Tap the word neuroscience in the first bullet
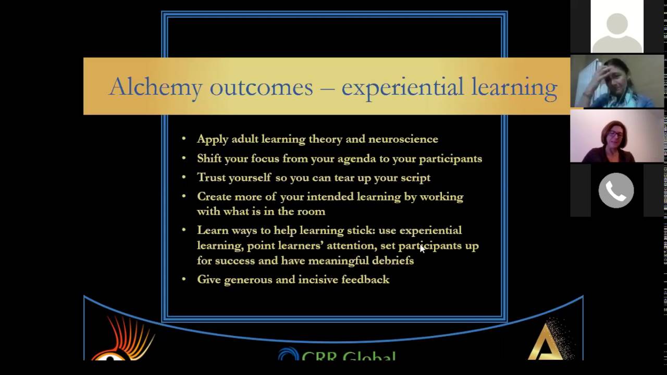coord(403,140)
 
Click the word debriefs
coord(393,261)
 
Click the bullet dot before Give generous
coord(184,280)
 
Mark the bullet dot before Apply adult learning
coord(184,139)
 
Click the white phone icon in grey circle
coord(616,191)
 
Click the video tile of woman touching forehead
coord(617,81)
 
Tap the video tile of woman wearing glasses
coord(617,136)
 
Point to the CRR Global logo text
coord(348,356)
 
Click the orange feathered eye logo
coord(122,341)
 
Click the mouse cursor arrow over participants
coord(422,249)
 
